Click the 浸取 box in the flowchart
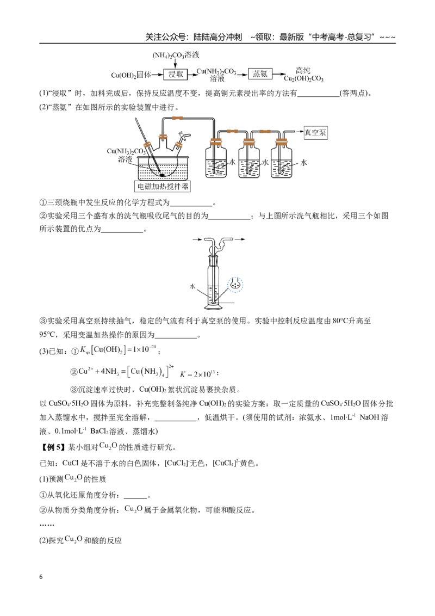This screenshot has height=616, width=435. (x=176, y=74)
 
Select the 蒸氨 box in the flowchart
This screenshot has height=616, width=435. (x=260, y=74)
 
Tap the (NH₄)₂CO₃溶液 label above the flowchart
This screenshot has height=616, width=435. (x=176, y=55)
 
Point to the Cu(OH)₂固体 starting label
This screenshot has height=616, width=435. (x=130, y=75)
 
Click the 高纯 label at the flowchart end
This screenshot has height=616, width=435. (x=303, y=70)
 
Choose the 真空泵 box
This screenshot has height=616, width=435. (x=315, y=133)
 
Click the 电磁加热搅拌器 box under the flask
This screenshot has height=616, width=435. (x=163, y=186)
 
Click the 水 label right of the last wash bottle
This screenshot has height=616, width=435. (x=303, y=162)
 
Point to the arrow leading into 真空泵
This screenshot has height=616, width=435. (x=298, y=132)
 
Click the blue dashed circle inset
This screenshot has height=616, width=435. (x=235, y=285)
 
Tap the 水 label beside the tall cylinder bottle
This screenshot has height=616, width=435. (x=192, y=286)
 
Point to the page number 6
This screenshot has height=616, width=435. (x=41, y=577)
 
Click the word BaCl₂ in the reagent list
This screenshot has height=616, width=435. (x=99, y=432)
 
